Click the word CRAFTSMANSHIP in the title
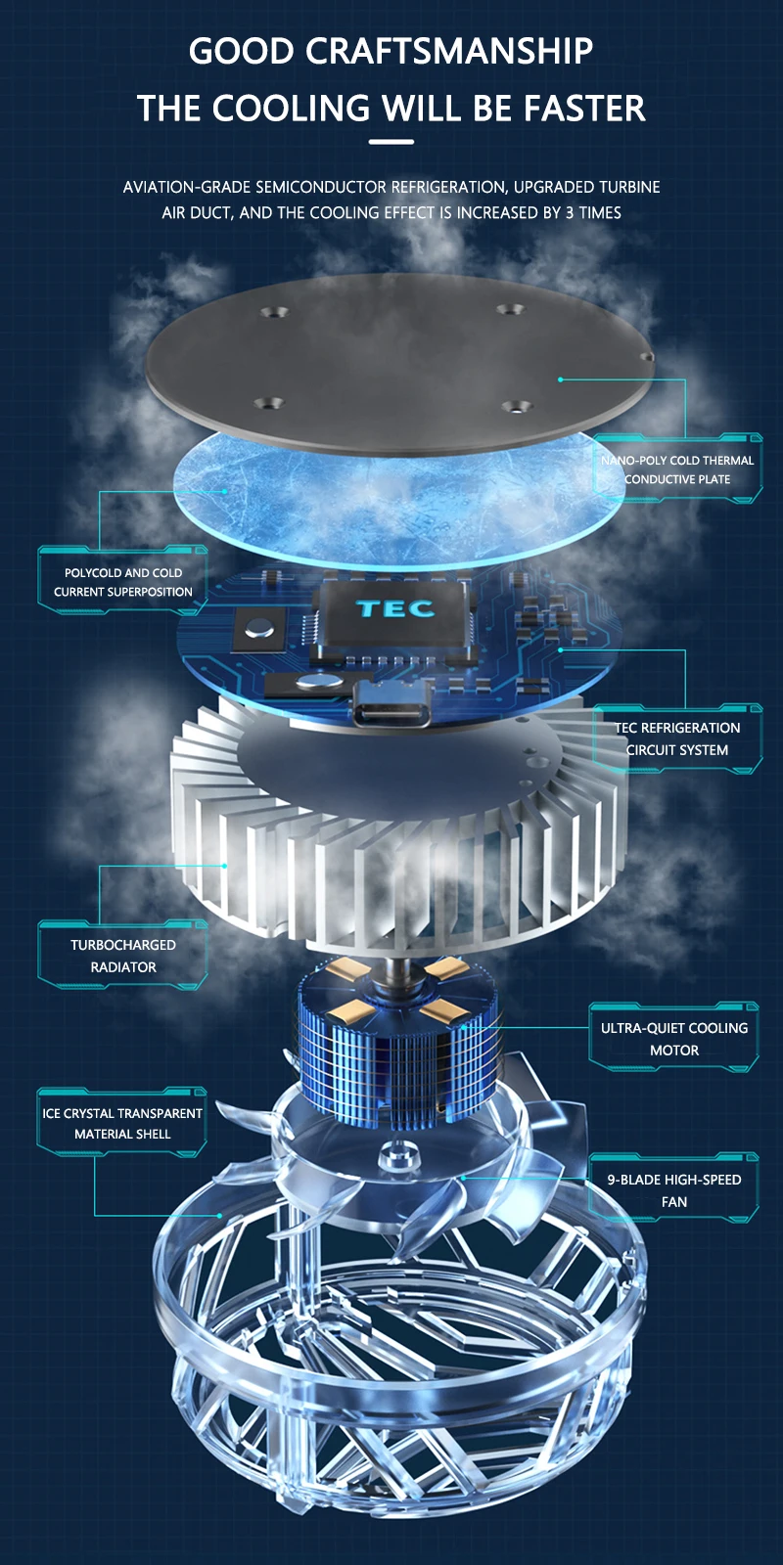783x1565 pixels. click(449, 51)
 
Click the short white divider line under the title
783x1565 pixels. click(391, 142)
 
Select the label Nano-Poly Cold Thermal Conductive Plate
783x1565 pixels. click(677, 469)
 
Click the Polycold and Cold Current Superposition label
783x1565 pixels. click(123, 582)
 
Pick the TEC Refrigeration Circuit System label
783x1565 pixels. click(677, 738)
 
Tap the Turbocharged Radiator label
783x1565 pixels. click(123, 956)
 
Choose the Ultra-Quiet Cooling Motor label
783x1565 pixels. click(674, 1039)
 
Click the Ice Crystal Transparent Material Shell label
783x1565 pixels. click(122, 1123)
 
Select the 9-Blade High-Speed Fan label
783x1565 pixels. click(674, 1190)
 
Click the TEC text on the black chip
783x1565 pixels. click(394, 608)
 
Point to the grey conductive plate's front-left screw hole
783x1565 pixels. click(268, 403)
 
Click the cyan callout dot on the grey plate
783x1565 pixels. click(560, 379)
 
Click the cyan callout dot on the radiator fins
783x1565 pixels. click(224, 866)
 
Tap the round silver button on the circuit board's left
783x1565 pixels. click(260, 628)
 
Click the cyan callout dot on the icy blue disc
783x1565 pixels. click(225, 491)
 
